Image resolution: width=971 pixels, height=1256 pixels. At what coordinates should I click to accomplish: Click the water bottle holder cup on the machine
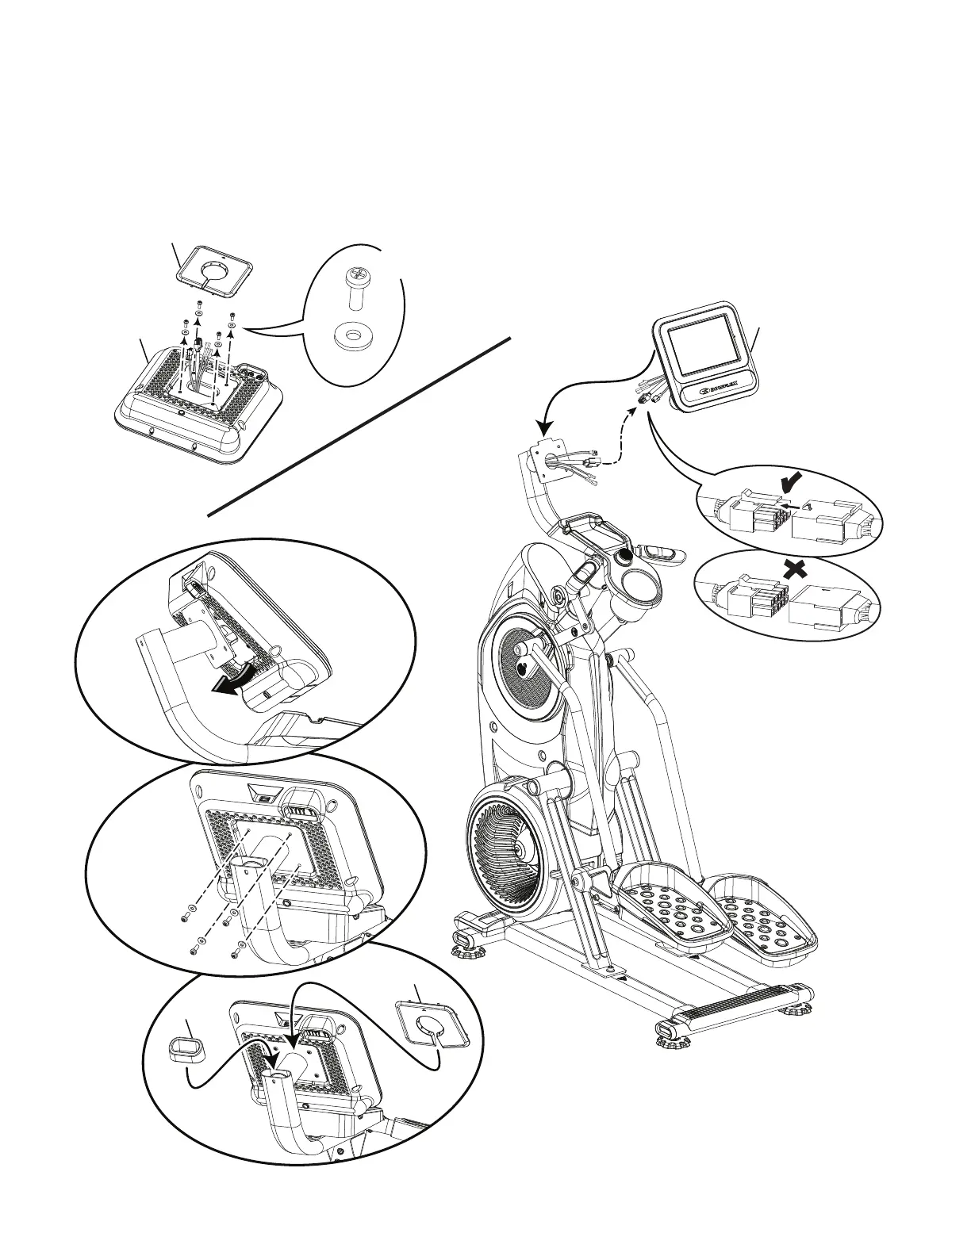640,588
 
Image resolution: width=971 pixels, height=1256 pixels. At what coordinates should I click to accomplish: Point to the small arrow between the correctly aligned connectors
787,503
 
